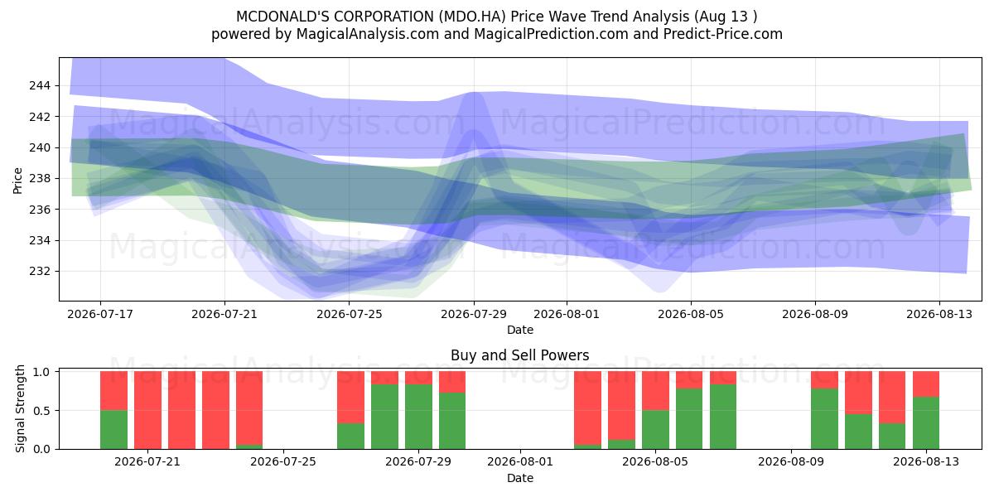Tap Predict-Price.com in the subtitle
(x=723, y=34)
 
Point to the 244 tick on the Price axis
(x=40, y=85)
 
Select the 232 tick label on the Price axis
(x=40, y=271)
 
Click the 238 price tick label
(x=40, y=178)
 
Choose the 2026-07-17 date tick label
(x=100, y=314)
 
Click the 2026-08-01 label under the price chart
(x=567, y=314)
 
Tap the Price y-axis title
(x=17, y=181)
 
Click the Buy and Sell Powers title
(x=520, y=355)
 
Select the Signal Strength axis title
(x=20, y=408)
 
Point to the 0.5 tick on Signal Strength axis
(x=43, y=411)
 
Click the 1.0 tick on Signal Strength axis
(x=43, y=372)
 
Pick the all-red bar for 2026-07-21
(x=147, y=410)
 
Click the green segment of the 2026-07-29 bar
(x=418, y=417)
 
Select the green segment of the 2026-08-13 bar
(x=926, y=423)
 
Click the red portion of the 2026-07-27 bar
(x=350, y=397)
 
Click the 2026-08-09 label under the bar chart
(x=791, y=461)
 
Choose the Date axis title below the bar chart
(x=520, y=479)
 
